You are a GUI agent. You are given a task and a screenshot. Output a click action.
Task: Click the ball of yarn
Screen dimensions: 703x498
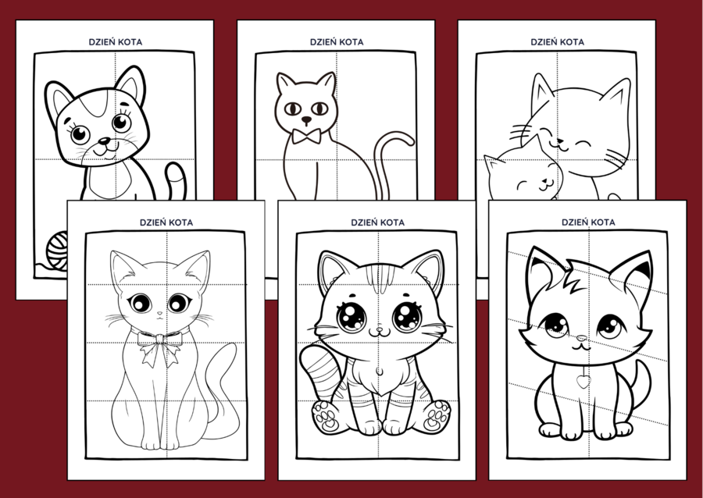(x=57, y=251)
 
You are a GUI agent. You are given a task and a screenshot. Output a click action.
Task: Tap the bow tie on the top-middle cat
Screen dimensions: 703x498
(x=306, y=136)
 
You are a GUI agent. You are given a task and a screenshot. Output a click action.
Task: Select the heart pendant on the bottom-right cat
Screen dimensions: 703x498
(x=583, y=381)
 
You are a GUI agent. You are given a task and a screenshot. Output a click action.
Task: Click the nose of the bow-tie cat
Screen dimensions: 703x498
(x=306, y=120)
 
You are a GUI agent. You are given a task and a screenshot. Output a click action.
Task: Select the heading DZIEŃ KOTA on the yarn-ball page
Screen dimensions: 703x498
(x=116, y=42)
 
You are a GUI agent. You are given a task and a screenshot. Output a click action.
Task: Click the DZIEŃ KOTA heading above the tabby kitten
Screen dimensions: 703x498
(x=377, y=222)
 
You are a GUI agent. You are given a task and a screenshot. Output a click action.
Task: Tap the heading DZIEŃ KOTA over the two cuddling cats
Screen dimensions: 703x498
(x=557, y=42)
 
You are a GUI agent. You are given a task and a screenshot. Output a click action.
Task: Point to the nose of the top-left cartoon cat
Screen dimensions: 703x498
(x=105, y=141)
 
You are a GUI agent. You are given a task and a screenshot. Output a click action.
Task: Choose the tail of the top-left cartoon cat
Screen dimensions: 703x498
(x=177, y=180)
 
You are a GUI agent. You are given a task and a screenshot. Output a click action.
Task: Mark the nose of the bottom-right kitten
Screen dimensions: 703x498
(x=581, y=338)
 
